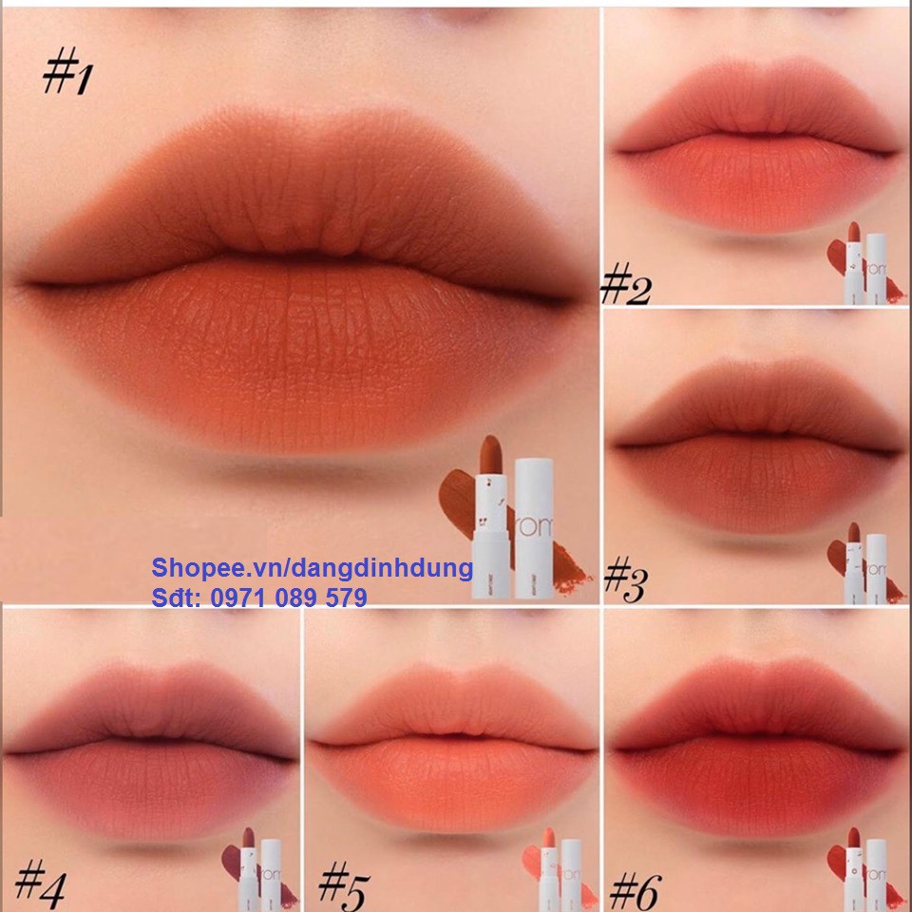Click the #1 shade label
click(x=66, y=74)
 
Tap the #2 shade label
click(x=626, y=286)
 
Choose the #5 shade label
click(x=343, y=884)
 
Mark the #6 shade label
click(x=635, y=888)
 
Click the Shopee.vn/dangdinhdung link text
click(x=312, y=568)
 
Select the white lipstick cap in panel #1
click(x=539, y=527)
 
